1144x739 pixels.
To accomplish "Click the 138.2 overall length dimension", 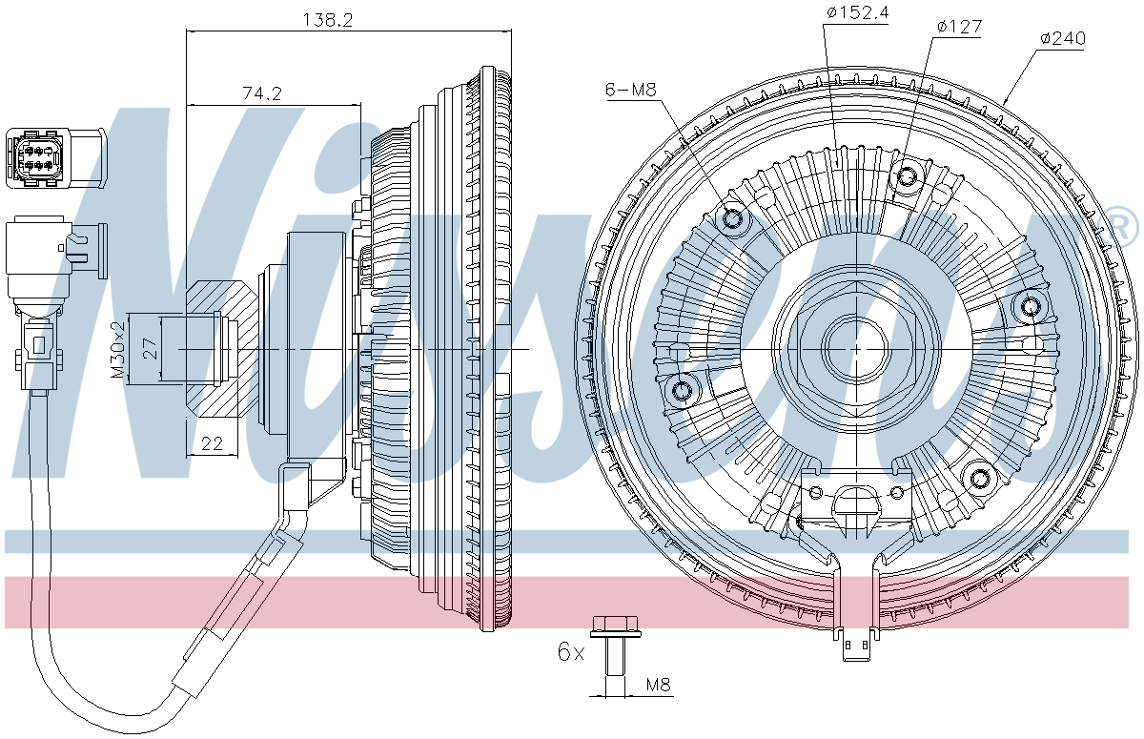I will click(327, 19).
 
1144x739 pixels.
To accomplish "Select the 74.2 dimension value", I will click(262, 92).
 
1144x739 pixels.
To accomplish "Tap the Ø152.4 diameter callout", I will click(857, 12).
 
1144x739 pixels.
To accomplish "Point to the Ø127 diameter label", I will click(958, 27).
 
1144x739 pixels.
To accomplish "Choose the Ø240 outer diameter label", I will click(1062, 38).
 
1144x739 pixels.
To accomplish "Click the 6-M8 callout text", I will click(630, 90).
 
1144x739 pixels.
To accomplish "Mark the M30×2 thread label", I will click(118, 350).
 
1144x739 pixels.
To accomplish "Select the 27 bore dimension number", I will click(149, 349).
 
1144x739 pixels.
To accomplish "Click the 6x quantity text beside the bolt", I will click(570, 652).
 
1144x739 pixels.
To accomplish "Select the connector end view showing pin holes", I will click(36, 154).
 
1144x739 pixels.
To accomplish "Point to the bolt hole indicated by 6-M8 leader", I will click(734, 220).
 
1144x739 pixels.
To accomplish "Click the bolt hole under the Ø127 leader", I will click(908, 176).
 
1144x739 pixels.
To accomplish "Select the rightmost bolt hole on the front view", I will click(1031, 306).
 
